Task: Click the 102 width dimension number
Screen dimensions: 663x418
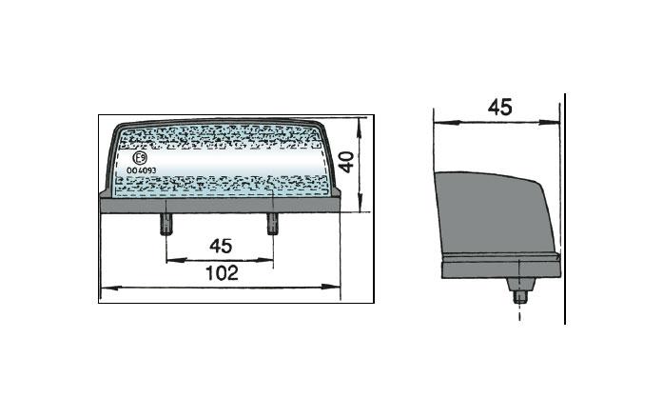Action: [x=222, y=273]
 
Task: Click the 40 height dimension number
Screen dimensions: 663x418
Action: [x=347, y=163]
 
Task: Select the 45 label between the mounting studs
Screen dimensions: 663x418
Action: [x=221, y=246]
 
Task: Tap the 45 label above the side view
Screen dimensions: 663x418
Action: [x=499, y=107]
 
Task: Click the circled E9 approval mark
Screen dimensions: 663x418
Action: [x=140, y=158]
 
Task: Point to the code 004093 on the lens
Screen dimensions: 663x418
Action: [x=141, y=170]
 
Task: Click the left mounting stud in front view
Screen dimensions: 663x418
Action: [x=166, y=224]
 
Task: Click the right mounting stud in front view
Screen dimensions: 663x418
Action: [x=273, y=224]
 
